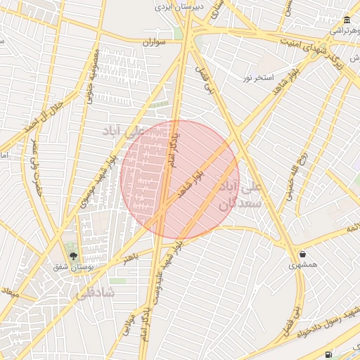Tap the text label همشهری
[303, 266]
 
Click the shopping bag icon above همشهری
[302, 255]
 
